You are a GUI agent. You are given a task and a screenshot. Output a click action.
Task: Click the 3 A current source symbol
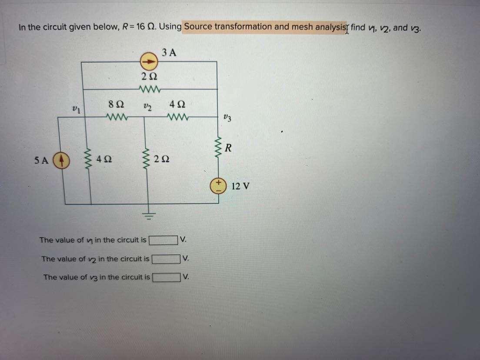click(148, 62)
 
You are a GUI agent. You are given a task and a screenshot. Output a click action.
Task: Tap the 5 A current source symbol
click(61, 160)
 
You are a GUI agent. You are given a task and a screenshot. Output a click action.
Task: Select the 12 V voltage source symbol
click(217, 187)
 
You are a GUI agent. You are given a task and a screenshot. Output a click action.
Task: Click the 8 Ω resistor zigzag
click(116, 117)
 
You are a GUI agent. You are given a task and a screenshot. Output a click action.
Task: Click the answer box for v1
click(164, 240)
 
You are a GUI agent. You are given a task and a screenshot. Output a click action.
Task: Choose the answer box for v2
click(165, 259)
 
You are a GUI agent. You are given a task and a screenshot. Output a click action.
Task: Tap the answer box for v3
click(166, 277)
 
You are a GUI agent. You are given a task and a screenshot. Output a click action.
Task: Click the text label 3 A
click(169, 53)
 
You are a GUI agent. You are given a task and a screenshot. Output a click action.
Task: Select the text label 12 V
click(240, 187)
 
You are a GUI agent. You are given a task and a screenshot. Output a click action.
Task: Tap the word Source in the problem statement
click(198, 27)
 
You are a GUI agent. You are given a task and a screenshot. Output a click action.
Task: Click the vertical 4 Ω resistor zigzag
click(91, 160)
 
